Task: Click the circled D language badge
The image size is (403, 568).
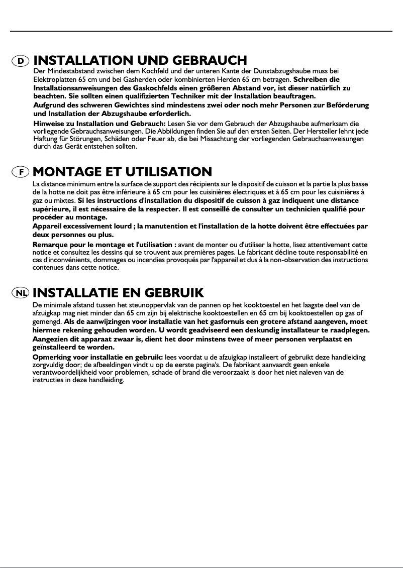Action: pyautogui.click(x=21, y=61)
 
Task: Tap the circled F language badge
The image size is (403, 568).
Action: pyautogui.click(x=21, y=172)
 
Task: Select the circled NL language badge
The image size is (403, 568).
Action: pyautogui.click(x=21, y=292)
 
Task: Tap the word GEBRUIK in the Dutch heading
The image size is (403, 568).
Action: pyautogui.click(x=174, y=292)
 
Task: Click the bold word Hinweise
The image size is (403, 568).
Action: pyautogui.click(x=48, y=124)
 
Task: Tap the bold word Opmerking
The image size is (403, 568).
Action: pyautogui.click(x=52, y=357)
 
